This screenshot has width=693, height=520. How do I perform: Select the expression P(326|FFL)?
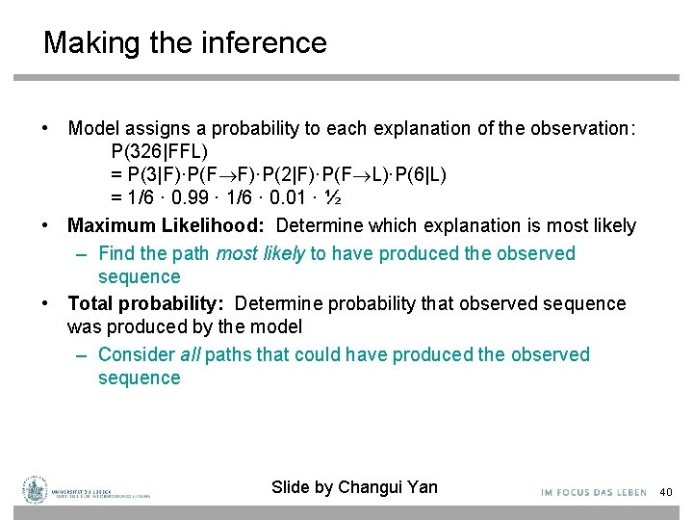click(x=160, y=151)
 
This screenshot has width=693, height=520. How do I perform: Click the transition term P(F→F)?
click(x=231, y=174)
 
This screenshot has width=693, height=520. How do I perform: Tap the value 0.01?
click(x=290, y=197)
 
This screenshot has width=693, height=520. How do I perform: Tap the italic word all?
click(x=191, y=355)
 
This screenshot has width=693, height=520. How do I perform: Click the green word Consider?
click(x=137, y=355)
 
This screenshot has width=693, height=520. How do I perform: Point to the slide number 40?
click(x=665, y=493)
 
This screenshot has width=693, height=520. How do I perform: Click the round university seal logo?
click(x=37, y=490)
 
